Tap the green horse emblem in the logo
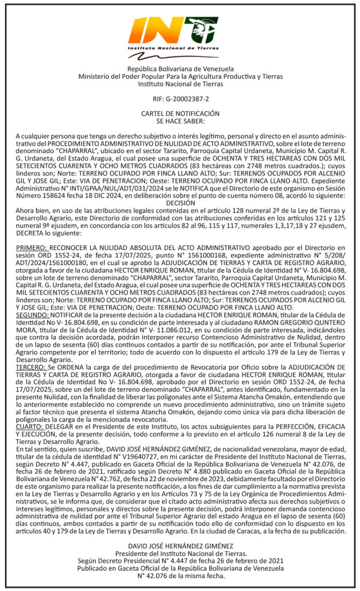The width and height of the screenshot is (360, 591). [x=204, y=29]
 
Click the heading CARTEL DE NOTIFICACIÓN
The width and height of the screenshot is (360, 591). [x=180, y=113]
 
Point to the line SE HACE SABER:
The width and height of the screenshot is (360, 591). [x=180, y=120]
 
